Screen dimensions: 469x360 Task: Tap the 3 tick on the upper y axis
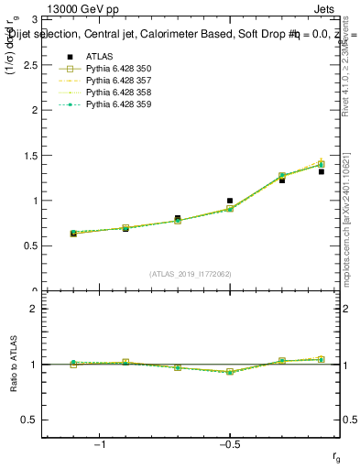[35, 19]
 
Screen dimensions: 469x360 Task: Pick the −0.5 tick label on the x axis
[229, 444]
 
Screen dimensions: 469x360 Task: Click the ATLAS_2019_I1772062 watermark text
[191, 273]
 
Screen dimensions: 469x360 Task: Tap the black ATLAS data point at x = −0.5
[230, 201]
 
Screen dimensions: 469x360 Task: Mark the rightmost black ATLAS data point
[322, 171]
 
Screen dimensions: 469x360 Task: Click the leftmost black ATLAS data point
[73, 234]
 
